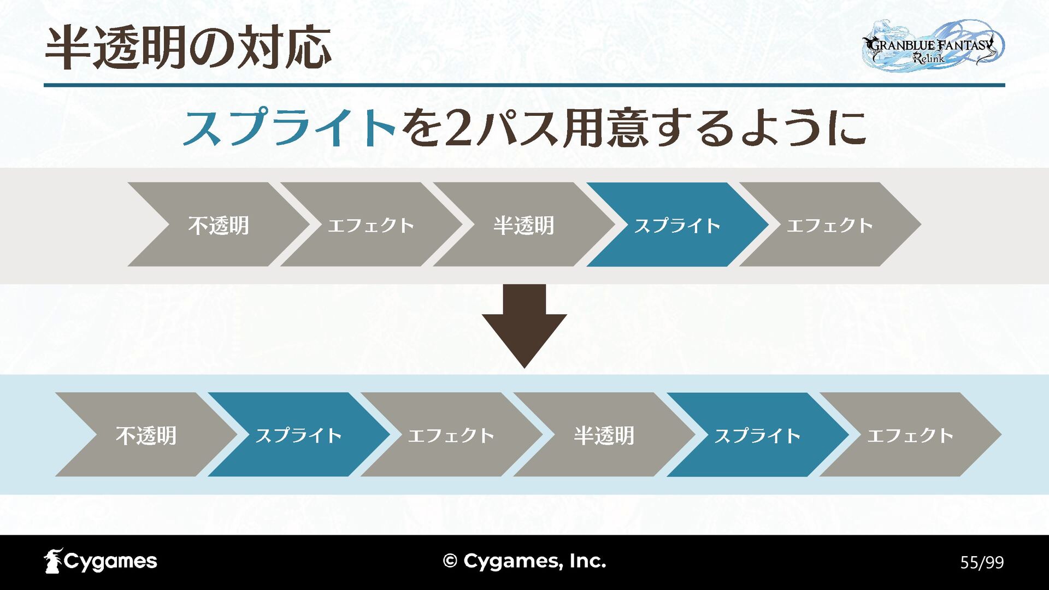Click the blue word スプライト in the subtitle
point(290,128)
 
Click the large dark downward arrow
point(524,322)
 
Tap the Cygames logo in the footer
point(101,561)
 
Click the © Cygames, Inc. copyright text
point(524,561)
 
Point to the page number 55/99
point(982,562)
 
